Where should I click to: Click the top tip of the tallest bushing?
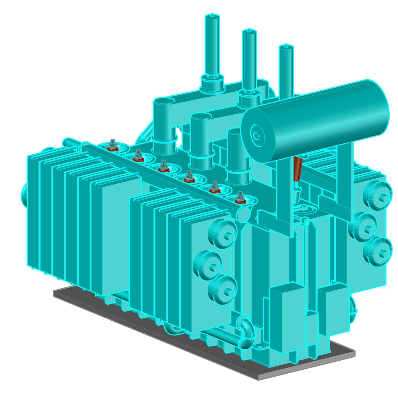(212, 16)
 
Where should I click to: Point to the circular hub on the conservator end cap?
(257, 135)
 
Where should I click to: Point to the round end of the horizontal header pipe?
(243, 214)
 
